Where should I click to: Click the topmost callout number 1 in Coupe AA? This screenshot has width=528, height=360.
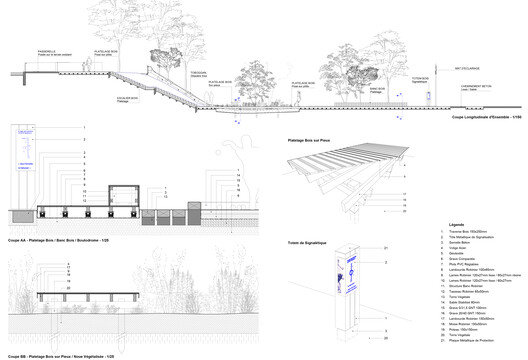tap(86, 127)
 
